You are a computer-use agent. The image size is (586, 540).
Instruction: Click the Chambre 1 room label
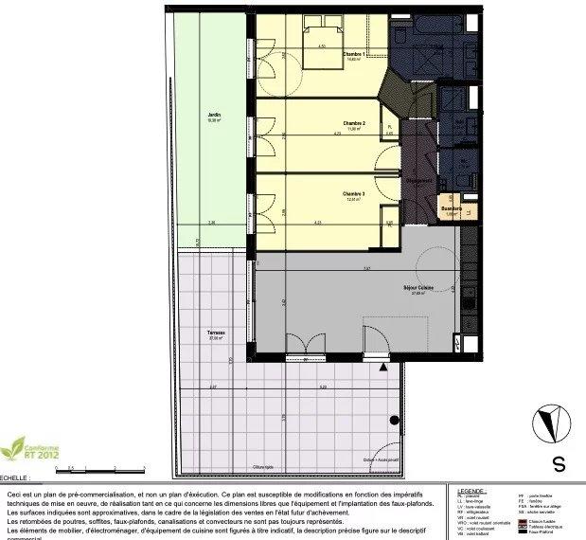(354, 55)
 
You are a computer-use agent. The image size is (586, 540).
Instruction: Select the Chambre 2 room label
(354, 123)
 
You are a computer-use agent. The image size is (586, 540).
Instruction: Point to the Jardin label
(215, 116)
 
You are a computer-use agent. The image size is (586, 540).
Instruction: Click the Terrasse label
(217, 333)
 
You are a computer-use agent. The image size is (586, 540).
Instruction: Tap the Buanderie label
(450, 208)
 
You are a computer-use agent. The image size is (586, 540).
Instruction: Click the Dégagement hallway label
(419, 177)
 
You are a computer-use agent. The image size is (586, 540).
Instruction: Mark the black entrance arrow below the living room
(382, 366)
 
